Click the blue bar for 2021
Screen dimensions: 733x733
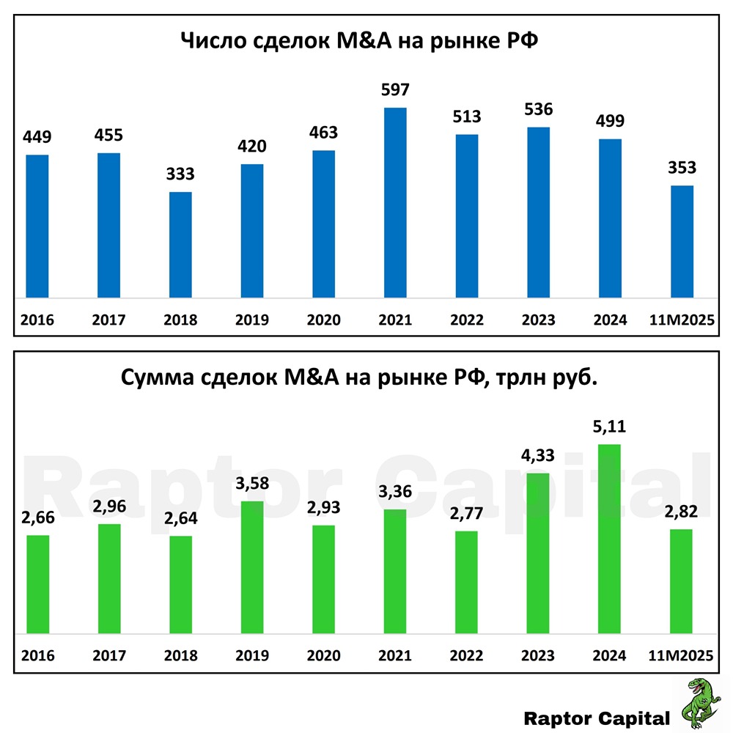pos(395,203)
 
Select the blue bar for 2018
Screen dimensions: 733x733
pos(180,245)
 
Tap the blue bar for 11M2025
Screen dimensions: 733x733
pos(682,242)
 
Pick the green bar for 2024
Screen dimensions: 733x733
pos(611,539)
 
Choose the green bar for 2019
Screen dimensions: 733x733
pos(252,568)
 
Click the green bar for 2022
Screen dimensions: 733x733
pos(467,583)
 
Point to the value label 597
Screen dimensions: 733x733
pos(395,90)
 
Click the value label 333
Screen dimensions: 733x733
pos(180,174)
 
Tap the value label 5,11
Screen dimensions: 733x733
pos(611,427)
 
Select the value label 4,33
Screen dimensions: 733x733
pos(539,455)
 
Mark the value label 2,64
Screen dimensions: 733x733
pos(180,518)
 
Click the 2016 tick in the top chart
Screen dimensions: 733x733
pos(37,320)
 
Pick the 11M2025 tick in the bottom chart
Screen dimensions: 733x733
pos(682,655)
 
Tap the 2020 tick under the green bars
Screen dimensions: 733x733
pos(324,655)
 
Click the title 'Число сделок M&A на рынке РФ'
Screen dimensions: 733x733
pos(360,40)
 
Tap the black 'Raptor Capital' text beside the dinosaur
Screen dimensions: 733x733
pos(597,718)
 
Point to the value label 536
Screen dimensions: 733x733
pos(539,109)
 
